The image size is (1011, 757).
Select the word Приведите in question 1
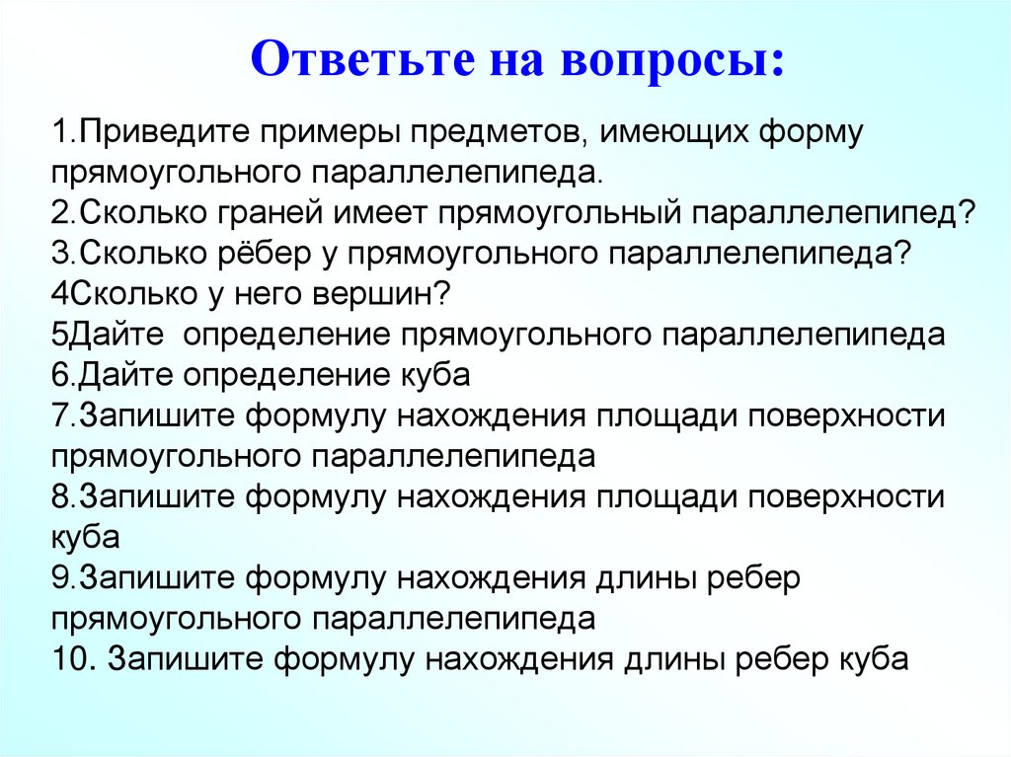click(x=164, y=131)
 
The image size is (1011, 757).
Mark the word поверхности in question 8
click(x=848, y=496)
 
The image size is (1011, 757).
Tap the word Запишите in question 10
click(x=185, y=658)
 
